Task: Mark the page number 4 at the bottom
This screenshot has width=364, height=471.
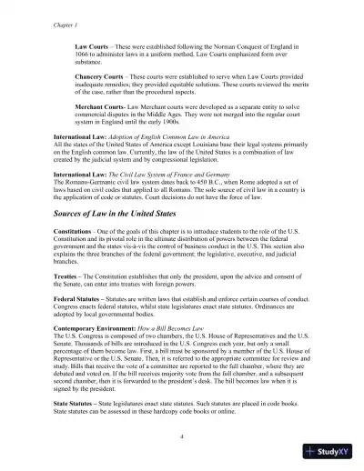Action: click(x=182, y=436)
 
